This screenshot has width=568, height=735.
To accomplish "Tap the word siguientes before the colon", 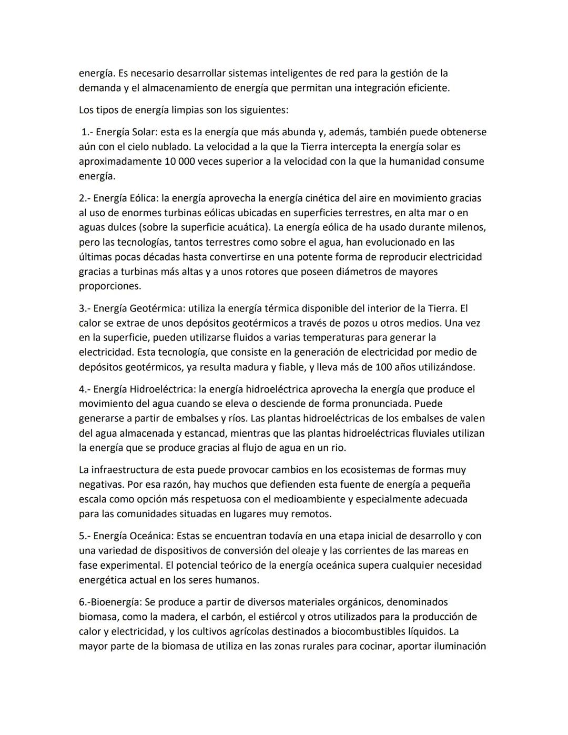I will [x=258, y=110].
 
